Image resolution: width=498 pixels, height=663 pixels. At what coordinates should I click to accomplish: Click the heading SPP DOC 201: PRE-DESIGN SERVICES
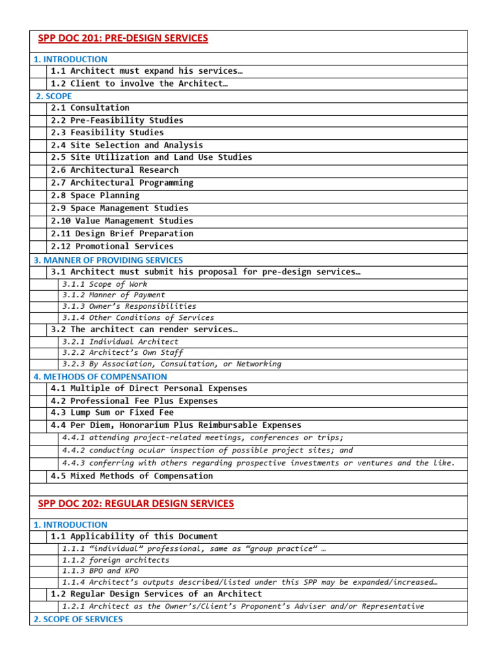point(123,38)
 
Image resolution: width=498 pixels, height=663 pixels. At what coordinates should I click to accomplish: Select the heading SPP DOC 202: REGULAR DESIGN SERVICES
point(136,503)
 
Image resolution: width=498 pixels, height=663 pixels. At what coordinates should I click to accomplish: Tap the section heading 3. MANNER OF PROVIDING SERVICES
point(108,260)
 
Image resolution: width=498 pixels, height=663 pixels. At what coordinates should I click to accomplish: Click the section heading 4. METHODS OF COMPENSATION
point(100,376)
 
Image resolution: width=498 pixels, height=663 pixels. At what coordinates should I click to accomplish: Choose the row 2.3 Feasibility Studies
point(108,133)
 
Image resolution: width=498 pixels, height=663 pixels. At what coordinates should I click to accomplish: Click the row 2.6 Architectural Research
point(115,170)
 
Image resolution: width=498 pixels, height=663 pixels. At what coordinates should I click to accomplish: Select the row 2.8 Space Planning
point(95,196)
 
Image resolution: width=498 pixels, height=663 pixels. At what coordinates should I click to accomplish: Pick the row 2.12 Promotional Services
point(112,246)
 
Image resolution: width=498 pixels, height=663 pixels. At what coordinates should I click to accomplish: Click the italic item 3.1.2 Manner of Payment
point(113,295)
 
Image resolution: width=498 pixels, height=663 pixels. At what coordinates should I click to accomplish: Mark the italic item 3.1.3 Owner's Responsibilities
point(129,306)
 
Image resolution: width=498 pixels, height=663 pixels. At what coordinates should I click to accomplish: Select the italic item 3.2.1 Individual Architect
point(120,341)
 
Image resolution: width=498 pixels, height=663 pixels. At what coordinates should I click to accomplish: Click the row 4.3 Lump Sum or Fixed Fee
point(112,412)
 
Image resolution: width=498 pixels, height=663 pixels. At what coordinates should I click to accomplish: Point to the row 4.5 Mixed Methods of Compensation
point(132,476)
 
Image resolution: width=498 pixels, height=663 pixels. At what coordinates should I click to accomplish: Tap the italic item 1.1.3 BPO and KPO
point(91,570)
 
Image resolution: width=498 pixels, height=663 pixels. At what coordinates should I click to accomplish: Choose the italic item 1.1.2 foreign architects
point(115,559)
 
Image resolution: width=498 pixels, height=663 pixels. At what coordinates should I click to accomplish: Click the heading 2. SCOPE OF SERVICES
point(78,619)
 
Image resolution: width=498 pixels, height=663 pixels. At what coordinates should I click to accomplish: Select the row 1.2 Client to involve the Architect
point(139,84)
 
